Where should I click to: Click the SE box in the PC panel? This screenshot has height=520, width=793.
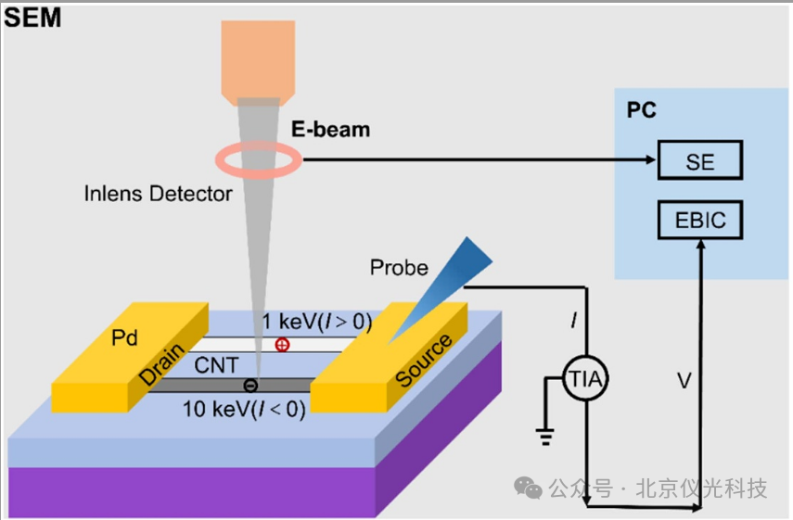[700, 160]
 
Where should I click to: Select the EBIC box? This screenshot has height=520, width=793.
[700, 220]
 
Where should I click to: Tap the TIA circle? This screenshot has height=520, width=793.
[585, 378]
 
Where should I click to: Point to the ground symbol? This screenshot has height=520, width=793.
[545, 436]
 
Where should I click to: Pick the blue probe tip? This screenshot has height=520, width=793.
[440, 290]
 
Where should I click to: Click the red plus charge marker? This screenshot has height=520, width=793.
[282, 345]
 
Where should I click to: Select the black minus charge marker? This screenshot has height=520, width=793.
[250, 386]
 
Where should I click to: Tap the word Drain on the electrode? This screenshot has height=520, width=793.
[161, 363]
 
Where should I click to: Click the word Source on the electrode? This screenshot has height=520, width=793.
[423, 360]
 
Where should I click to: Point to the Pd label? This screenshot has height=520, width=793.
[124, 337]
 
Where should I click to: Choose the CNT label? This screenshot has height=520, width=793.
[216, 365]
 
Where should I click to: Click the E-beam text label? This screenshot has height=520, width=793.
[330, 130]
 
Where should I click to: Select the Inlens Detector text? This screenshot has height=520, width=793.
[158, 194]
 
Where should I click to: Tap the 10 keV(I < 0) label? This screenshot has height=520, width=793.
[244, 409]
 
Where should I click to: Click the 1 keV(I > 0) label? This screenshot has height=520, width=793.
[317, 322]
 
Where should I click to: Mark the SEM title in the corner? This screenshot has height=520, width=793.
[32, 18]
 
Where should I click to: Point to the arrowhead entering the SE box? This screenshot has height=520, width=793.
[651, 159]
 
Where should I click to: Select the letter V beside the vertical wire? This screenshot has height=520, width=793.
[684, 381]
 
